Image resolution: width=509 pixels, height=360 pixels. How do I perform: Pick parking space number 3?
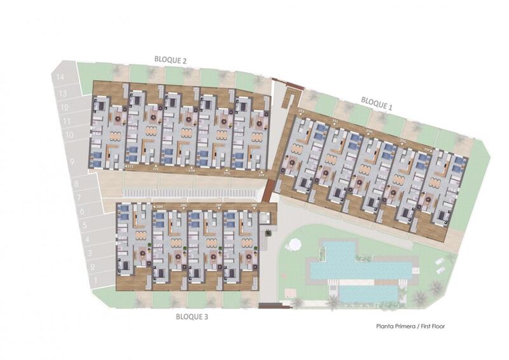[92, 254]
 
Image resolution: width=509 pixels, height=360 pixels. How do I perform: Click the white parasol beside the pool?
[293, 244]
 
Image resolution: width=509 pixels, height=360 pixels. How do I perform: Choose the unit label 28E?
[254, 206]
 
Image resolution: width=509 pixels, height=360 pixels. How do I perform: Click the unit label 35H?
[369, 132]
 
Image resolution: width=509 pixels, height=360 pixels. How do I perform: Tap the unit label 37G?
[227, 172]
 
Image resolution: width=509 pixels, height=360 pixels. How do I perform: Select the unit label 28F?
[218, 206]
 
